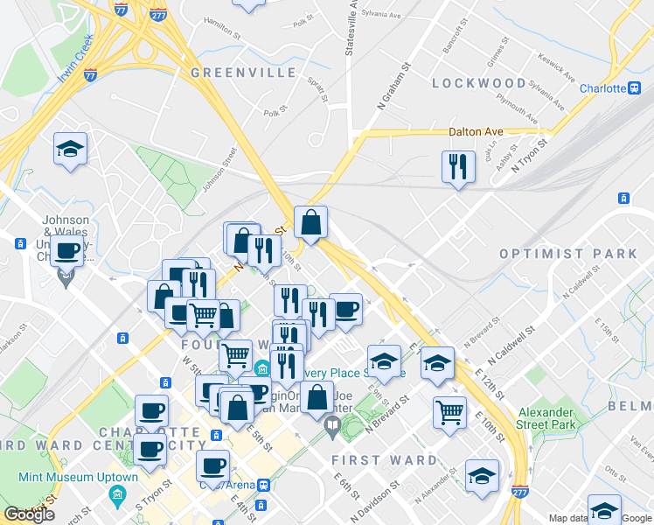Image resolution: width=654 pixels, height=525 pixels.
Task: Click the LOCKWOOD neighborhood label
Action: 479,83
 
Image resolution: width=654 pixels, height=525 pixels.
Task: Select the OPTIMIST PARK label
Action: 568,254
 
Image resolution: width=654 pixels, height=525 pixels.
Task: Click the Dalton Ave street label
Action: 477,132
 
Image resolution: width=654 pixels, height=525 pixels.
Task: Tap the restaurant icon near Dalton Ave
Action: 457,166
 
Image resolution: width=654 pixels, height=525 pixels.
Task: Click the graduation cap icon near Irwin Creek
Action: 70,149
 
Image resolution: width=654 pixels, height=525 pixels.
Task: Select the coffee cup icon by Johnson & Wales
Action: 66,251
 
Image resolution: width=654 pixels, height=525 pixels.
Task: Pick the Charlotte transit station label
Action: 603,88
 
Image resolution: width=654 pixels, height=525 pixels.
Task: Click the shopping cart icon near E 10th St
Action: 449,410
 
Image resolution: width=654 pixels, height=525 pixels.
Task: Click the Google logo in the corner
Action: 30,514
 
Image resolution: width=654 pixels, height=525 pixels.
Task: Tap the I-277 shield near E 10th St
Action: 519,493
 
